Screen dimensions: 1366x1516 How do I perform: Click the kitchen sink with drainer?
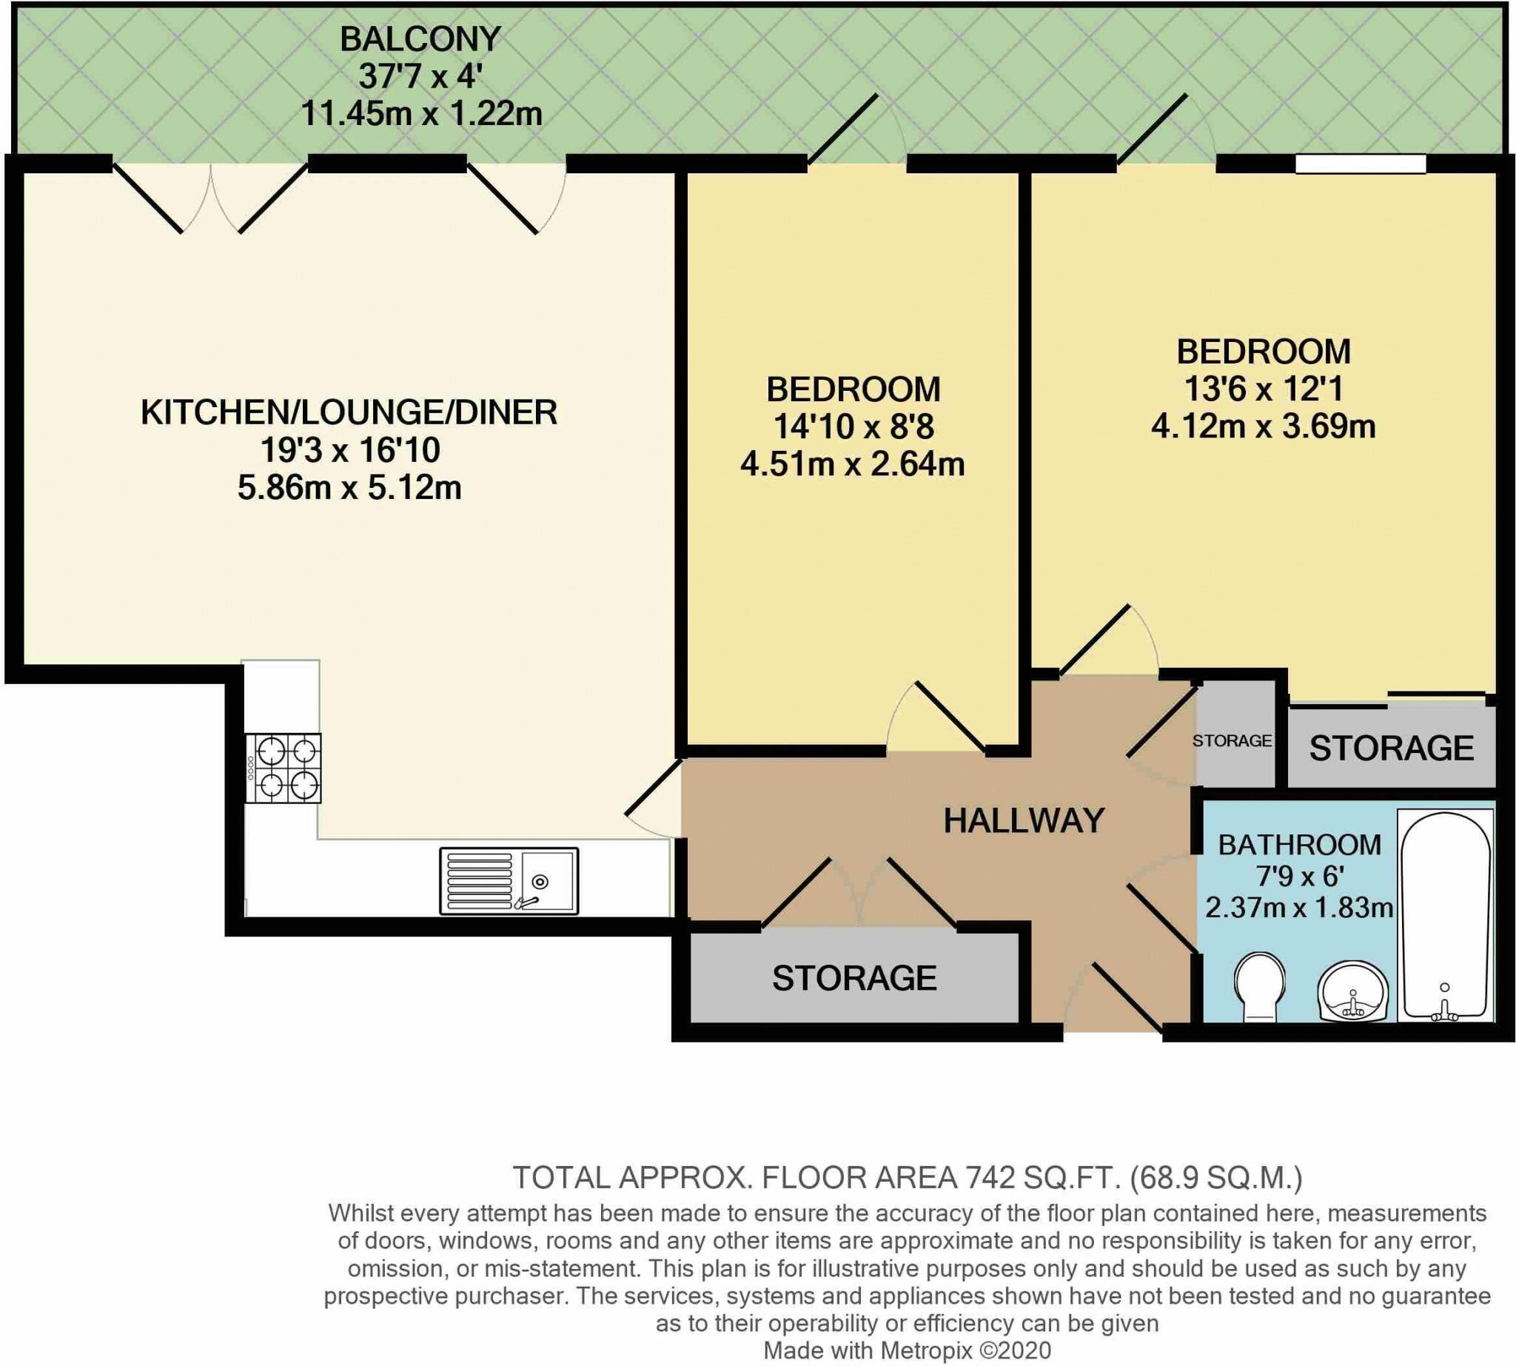click(509, 880)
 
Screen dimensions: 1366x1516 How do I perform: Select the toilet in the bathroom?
click(1259, 985)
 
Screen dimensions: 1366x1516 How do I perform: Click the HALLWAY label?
click(1023, 820)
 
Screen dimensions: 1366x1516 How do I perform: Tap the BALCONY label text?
click(420, 39)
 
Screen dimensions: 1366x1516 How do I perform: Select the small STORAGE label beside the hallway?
click(1232, 741)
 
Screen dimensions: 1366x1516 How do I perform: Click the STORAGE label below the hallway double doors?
click(854, 978)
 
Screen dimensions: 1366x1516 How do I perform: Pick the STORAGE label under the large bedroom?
click(1392, 749)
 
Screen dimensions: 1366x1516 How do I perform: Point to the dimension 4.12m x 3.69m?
click(1263, 426)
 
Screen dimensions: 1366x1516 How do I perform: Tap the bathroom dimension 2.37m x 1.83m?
click(1299, 908)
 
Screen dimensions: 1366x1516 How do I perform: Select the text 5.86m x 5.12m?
click(349, 488)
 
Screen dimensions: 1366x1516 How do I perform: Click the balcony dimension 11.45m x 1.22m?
click(421, 114)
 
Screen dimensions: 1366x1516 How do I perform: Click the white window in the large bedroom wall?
click(1360, 164)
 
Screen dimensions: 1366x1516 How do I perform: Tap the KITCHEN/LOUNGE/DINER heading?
click(349, 413)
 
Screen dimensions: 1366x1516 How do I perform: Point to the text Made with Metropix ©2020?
click(907, 1350)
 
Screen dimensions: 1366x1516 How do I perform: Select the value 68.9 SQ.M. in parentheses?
click(1215, 1178)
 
